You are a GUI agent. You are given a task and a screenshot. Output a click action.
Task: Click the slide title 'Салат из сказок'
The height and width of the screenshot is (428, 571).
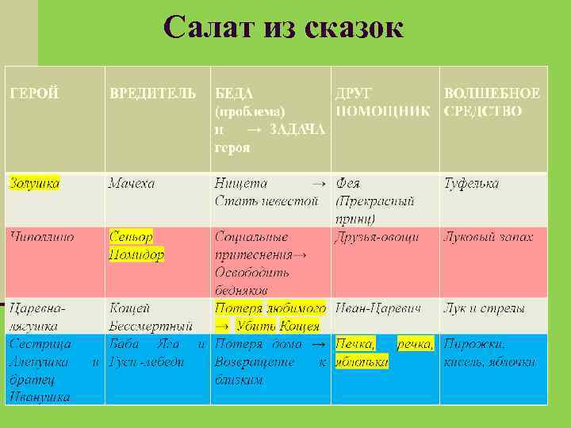coord(283,28)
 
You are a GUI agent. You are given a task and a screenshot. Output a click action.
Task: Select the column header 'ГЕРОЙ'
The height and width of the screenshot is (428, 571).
coord(33,94)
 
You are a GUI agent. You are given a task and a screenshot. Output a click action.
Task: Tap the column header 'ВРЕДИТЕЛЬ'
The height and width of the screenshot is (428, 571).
coord(152,94)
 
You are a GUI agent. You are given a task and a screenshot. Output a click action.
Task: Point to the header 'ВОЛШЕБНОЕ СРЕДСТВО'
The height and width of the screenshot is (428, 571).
coord(492,102)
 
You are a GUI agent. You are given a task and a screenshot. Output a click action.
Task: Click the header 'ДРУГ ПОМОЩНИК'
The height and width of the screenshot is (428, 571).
coord(385,102)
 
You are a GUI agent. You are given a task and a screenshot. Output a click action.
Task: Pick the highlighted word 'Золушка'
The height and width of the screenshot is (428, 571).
coord(33,183)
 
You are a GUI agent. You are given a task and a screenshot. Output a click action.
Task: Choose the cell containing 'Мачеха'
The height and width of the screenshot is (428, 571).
coord(132,183)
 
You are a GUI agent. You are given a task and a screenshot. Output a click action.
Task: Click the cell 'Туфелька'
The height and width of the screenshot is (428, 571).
coord(471,183)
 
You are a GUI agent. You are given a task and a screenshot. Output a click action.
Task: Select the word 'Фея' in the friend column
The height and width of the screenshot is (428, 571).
coord(348,183)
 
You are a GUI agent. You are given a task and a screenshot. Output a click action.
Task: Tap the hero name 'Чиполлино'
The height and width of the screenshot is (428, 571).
coord(41,236)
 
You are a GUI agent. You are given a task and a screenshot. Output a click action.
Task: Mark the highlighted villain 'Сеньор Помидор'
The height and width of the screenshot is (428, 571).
coord(136,245)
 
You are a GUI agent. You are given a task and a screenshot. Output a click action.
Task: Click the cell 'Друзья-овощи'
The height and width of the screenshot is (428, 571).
coord(383,236)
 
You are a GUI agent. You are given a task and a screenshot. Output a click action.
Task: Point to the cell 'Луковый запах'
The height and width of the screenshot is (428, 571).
coord(488,236)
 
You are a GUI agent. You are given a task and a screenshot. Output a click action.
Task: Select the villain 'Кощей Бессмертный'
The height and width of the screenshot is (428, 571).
coord(151,315)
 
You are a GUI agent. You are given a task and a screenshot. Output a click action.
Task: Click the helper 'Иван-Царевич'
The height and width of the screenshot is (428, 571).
coord(377,307)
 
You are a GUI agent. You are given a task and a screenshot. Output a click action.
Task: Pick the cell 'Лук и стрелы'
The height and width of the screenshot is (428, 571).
coord(483,307)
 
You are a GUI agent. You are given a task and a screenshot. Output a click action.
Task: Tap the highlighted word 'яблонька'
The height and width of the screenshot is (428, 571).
coord(362,361)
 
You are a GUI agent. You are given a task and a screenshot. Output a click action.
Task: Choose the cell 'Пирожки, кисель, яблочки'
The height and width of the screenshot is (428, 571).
coord(489,353)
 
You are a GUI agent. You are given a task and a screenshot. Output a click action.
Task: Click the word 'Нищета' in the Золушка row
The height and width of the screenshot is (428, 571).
coord(241,183)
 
